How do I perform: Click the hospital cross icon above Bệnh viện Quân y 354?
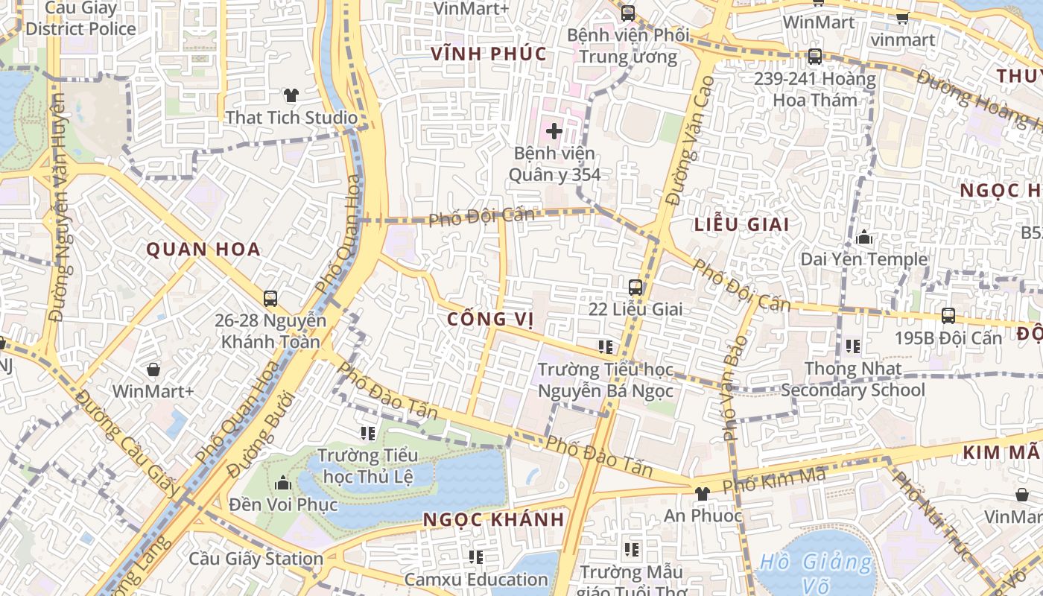[554, 131]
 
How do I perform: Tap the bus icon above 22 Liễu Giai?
[635, 287]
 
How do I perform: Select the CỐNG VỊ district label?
[491, 320]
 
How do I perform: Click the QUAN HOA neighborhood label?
[203, 249]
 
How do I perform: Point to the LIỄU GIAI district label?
[741, 224]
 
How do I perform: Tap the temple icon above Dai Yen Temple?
[864, 238]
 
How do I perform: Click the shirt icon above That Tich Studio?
[291, 95]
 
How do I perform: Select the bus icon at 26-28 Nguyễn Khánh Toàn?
[270, 299]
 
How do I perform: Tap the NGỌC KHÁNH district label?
[494, 520]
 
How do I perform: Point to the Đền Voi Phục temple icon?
[282, 483]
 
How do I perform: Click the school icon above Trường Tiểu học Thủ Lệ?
[367, 433]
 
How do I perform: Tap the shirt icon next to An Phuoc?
[702, 493]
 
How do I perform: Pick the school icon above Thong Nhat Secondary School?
[853, 346]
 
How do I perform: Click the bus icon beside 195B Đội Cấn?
[948, 315]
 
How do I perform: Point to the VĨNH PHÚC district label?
[489, 54]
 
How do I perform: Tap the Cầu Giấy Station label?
[256, 559]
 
